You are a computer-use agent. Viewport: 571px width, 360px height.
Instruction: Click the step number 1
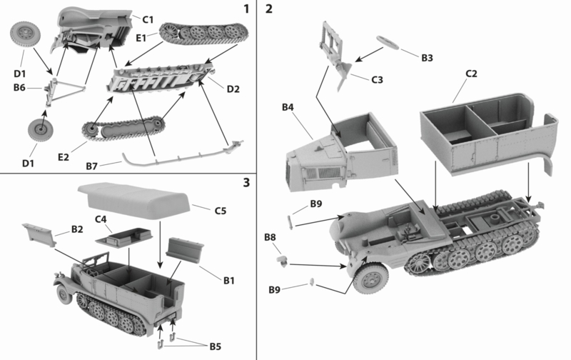pos(246,9)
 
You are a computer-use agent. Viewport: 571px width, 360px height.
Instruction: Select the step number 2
pos(269,9)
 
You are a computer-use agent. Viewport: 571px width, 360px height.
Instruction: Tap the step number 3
pos(246,183)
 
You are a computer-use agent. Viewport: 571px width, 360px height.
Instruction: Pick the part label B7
pos(91,166)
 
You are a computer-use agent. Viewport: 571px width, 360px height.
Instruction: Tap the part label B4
pos(288,107)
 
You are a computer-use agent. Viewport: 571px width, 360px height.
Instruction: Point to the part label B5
pos(215,346)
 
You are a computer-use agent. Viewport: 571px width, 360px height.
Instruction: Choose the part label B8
pos(271,236)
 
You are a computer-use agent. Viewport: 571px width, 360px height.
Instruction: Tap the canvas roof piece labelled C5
pos(136,199)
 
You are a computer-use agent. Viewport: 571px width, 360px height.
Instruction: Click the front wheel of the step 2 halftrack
pos(370,279)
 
